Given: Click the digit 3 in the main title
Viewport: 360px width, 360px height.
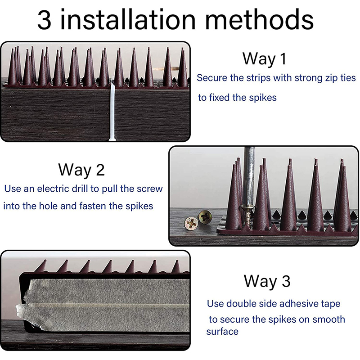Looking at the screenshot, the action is (x=44, y=19).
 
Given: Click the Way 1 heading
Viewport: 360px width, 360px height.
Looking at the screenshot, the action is (x=265, y=59).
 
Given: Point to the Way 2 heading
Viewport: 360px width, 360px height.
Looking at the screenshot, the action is (x=81, y=170).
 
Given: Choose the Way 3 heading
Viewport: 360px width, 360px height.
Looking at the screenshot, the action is (x=267, y=281).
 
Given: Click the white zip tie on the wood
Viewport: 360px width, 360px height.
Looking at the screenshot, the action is (x=112, y=112).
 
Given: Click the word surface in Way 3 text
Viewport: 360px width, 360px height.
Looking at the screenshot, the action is (x=222, y=332).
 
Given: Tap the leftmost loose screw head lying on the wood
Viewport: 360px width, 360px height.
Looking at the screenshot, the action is (x=191, y=223).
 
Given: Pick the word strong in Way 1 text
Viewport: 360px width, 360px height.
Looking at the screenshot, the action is (x=309, y=78).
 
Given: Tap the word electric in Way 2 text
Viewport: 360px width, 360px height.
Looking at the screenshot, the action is (x=53, y=189).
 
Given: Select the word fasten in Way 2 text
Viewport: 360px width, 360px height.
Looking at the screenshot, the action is (x=93, y=206).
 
